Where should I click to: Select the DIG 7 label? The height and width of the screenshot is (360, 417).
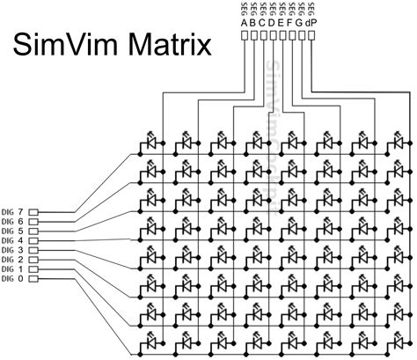coord(12,212)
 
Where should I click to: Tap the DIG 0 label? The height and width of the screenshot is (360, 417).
coord(12,278)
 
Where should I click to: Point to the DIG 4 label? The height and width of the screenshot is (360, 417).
coord(12,240)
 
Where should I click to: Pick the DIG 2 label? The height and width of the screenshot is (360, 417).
coord(12,260)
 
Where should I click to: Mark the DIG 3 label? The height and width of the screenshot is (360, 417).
coord(12,250)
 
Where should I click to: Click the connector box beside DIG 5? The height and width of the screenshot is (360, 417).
coord(34,231)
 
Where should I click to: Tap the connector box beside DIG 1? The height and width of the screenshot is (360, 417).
coord(34,269)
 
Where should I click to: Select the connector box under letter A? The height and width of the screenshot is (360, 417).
coord(245,37)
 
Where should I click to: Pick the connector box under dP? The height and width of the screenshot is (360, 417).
coord(313,37)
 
